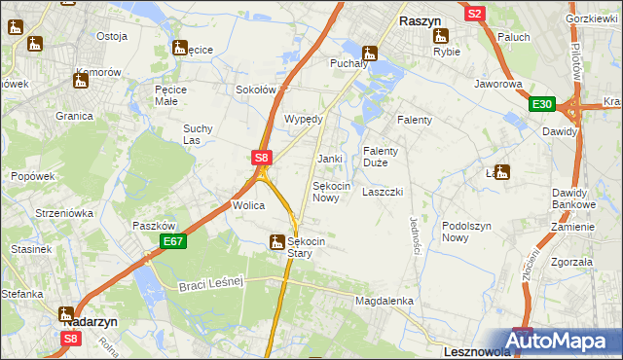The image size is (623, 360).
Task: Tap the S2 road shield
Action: click(x=475, y=14)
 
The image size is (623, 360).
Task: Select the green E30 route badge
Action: click(x=542, y=105)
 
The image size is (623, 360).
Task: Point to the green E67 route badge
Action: click(x=172, y=241)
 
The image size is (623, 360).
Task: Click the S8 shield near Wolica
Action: click(x=260, y=157)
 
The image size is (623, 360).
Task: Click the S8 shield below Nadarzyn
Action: click(x=71, y=339)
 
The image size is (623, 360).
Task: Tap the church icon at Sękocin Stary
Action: click(x=278, y=243)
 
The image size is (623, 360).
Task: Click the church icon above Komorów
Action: click(x=80, y=81)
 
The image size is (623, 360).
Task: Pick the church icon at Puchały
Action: click(x=369, y=54)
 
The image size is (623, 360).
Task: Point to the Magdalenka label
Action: click(x=385, y=302)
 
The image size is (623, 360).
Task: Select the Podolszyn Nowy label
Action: click(x=468, y=232)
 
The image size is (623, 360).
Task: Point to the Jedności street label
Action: click(x=415, y=235)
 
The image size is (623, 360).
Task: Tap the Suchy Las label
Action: click(x=198, y=134)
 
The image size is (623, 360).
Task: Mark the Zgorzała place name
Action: click(x=571, y=262)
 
